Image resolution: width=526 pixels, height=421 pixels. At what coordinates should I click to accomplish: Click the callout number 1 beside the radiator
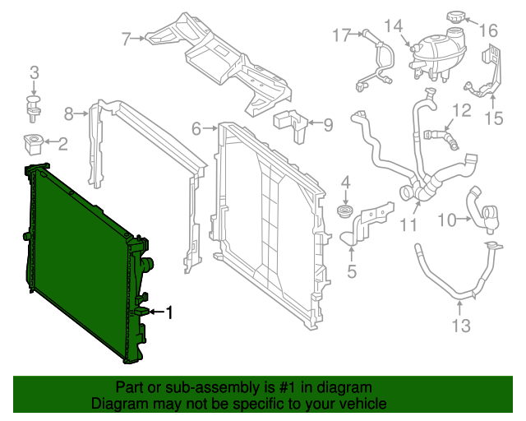click(x=170, y=312)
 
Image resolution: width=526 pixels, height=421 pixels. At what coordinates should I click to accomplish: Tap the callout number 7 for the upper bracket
click(x=127, y=38)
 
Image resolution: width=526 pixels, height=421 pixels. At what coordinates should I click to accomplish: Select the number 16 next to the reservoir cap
click(x=490, y=30)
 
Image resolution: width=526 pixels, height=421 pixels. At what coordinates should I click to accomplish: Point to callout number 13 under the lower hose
click(x=461, y=326)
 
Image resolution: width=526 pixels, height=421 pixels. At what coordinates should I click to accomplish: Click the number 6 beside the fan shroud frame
click(x=196, y=128)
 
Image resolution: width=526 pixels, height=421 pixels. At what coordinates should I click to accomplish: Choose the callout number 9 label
click(x=328, y=125)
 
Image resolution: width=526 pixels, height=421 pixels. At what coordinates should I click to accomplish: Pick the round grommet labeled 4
click(x=345, y=215)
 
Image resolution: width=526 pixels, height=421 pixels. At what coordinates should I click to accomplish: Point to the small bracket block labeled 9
click(x=290, y=120)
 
